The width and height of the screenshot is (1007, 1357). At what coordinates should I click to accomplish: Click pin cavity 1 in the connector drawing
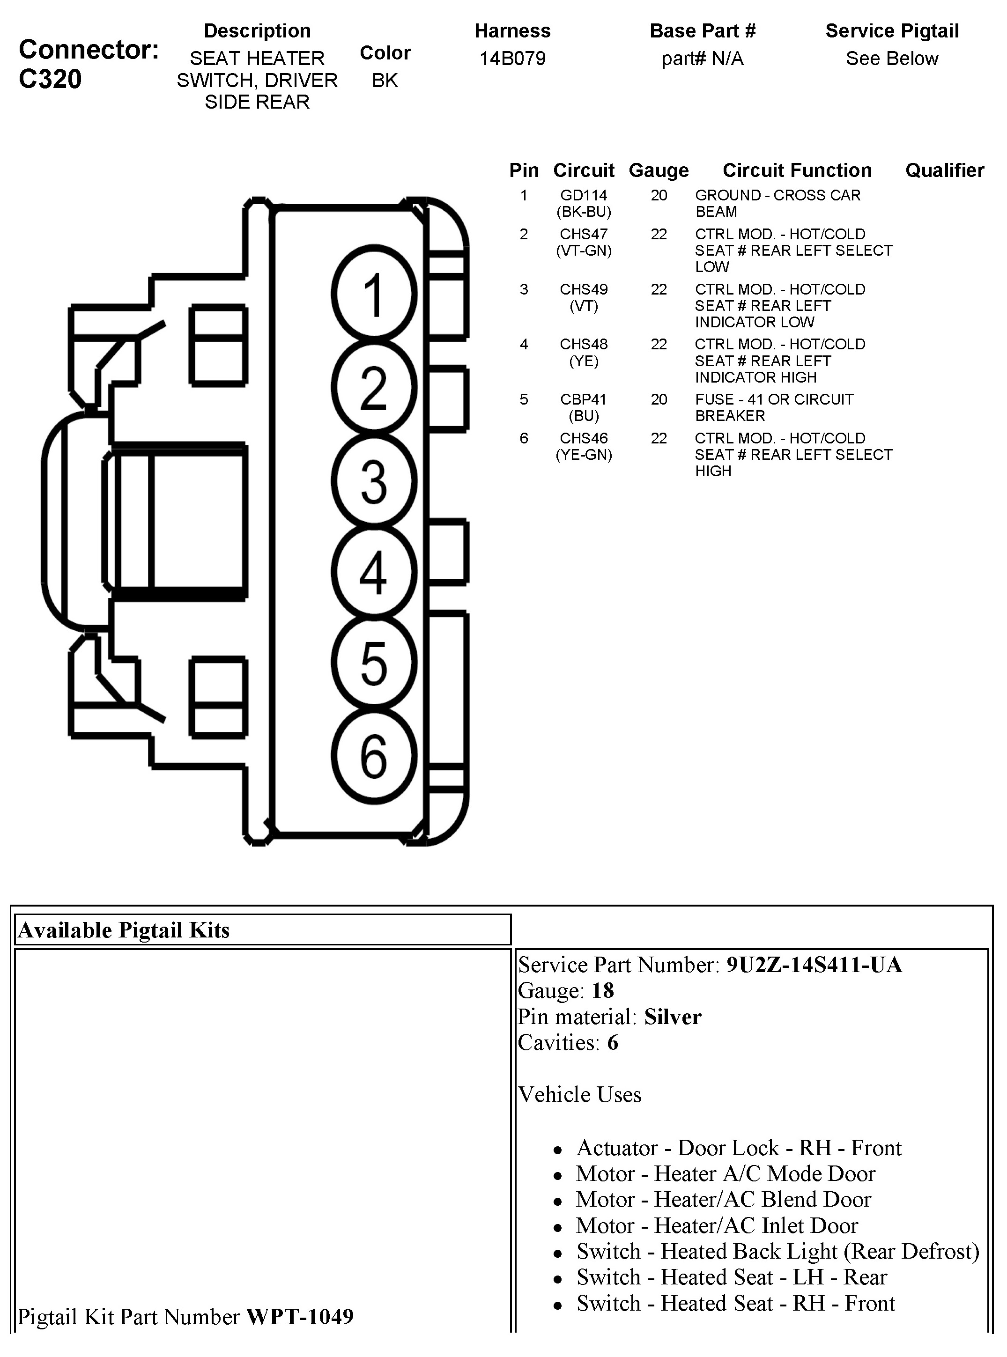(x=374, y=294)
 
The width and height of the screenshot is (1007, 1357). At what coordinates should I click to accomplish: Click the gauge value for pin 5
(x=659, y=400)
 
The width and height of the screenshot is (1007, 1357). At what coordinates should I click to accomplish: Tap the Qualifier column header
(x=944, y=170)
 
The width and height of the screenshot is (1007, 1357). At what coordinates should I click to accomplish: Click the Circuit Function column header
(x=797, y=170)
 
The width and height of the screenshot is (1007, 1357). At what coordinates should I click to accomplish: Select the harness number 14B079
(x=512, y=59)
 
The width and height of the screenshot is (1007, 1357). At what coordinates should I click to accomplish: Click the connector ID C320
(x=50, y=79)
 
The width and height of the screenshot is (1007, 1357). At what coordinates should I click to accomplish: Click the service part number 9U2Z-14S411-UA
(x=814, y=965)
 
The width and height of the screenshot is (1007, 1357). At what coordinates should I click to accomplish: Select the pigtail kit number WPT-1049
(x=299, y=1317)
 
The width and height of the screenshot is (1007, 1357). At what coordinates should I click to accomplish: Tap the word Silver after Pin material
(x=673, y=1017)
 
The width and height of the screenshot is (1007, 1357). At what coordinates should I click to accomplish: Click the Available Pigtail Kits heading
(x=124, y=930)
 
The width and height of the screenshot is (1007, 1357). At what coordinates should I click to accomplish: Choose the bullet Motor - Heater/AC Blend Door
(x=724, y=1199)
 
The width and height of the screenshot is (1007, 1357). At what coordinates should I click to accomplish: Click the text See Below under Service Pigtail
(x=892, y=59)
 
